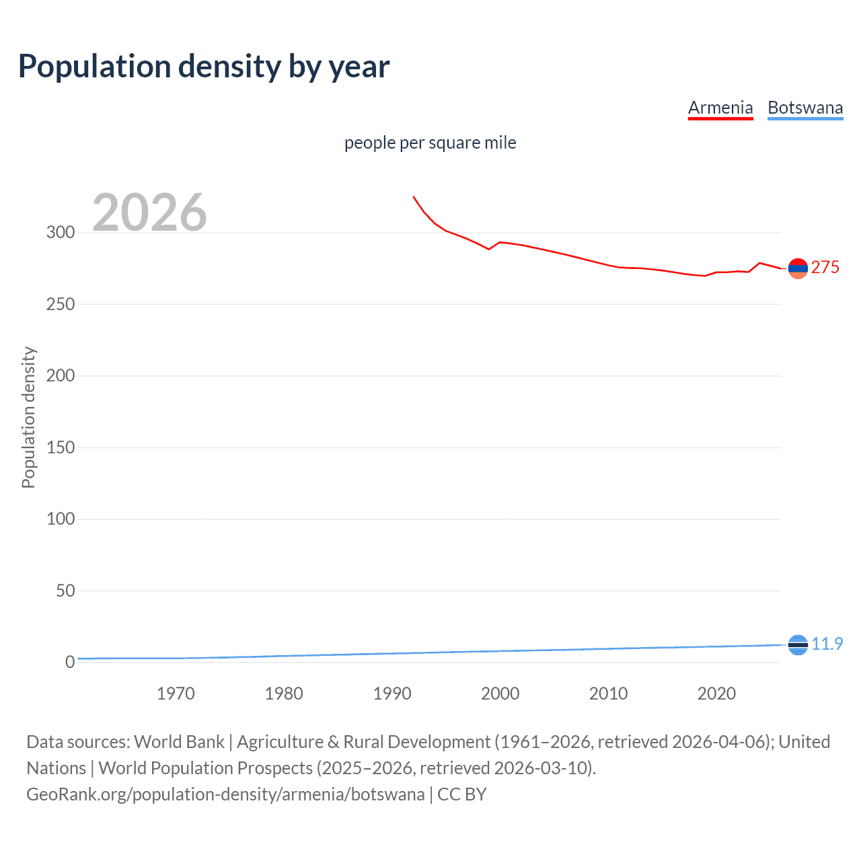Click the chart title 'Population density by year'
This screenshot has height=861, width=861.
pyautogui.click(x=204, y=67)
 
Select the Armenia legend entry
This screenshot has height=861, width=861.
pyautogui.click(x=720, y=108)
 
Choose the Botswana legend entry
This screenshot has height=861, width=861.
pyautogui.click(x=804, y=108)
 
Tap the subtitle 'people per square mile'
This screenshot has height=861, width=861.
pyautogui.click(x=430, y=143)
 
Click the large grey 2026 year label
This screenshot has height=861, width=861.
pyautogui.click(x=149, y=213)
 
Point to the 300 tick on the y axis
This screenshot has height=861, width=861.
pyautogui.click(x=61, y=233)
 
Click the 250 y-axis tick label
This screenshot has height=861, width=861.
pyautogui.click(x=61, y=304)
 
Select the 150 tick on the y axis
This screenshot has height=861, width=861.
pyautogui.click(x=61, y=447)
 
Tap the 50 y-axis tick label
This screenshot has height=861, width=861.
pyautogui.click(x=65, y=591)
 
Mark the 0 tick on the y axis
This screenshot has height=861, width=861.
pyautogui.click(x=70, y=663)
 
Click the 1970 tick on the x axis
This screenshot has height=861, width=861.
pyautogui.click(x=176, y=694)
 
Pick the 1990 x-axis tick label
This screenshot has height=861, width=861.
pyautogui.click(x=392, y=694)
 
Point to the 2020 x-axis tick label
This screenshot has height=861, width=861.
pyautogui.click(x=716, y=694)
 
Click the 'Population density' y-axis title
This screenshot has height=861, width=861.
pyautogui.click(x=28, y=417)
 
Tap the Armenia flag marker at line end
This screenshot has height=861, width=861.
pyautogui.click(x=797, y=268)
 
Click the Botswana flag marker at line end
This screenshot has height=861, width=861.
pyautogui.click(x=797, y=645)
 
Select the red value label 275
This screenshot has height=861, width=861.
pyautogui.click(x=825, y=268)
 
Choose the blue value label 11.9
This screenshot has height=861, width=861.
pyautogui.click(x=827, y=644)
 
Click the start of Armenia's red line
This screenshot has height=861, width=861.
pyautogui.click(x=414, y=197)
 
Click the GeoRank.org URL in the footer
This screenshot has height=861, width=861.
pyautogui.click(x=225, y=794)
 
